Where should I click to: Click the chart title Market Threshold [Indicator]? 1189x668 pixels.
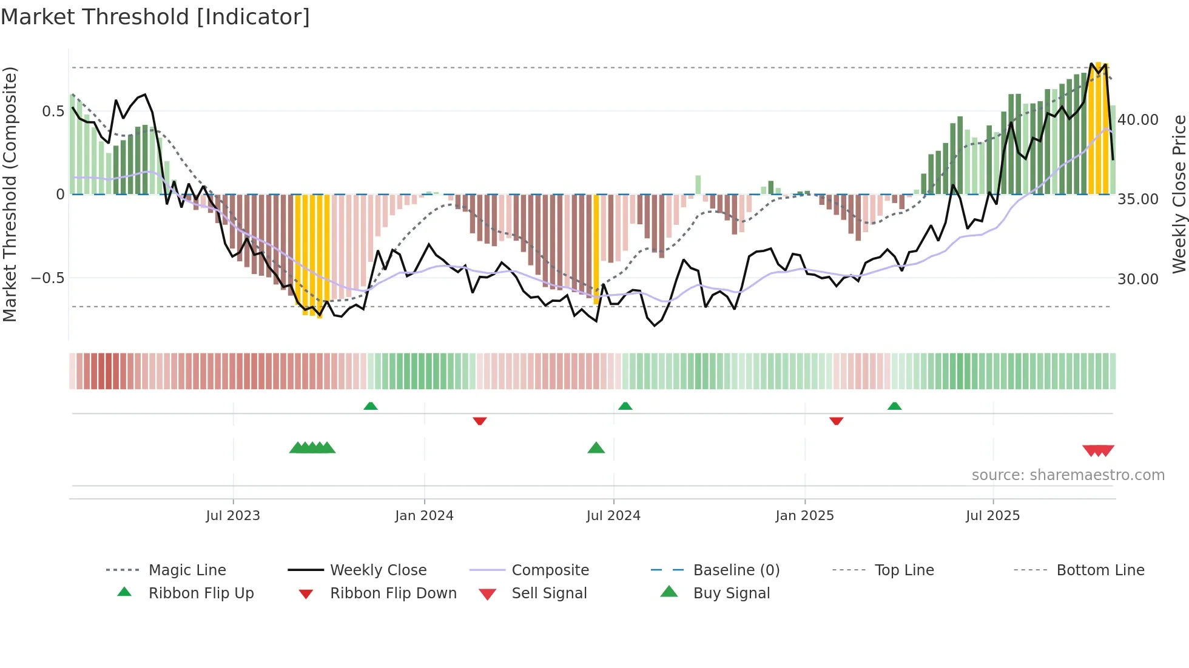pos(155,17)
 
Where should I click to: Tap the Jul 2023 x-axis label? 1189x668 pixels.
pos(233,515)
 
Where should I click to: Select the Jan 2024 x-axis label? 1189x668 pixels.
pos(424,515)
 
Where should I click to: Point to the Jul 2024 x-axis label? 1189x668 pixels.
pos(613,515)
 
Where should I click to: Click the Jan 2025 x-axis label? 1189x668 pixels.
pos(804,515)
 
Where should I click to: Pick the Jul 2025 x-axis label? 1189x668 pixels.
pos(993,515)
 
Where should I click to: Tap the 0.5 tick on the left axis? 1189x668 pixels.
pos(53,111)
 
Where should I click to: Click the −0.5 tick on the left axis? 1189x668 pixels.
pos(48,278)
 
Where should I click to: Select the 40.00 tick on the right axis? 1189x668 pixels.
pos(1138,120)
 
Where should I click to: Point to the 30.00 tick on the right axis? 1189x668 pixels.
pos(1138,279)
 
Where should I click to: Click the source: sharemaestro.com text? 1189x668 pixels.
pos(1068,475)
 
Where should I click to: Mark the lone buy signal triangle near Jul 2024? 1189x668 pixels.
pos(596,448)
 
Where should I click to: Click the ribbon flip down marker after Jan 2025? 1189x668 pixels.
pos(836,421)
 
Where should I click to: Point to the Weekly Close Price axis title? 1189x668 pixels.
pos(1179,194)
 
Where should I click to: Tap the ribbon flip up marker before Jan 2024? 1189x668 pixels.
pos(371,406)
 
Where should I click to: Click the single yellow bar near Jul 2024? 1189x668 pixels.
pos(596,249)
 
